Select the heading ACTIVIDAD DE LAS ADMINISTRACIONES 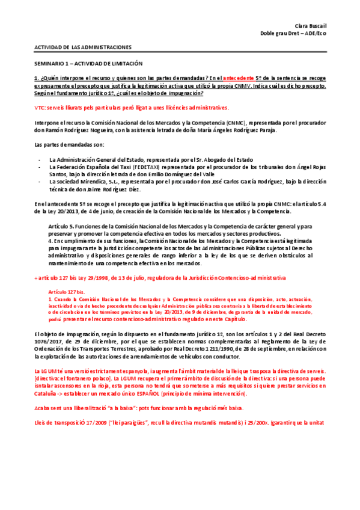82,47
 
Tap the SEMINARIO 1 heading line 88,63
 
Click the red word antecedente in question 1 239,78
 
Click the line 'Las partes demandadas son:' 61,145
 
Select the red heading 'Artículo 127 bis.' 67,291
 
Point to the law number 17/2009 81,422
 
